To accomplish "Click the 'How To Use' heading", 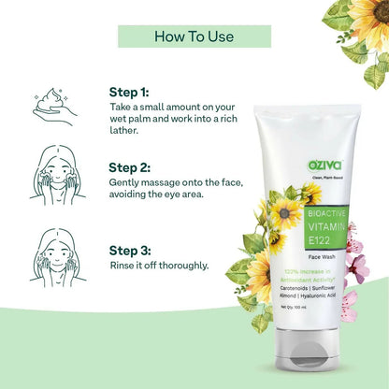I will pos(194,36).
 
